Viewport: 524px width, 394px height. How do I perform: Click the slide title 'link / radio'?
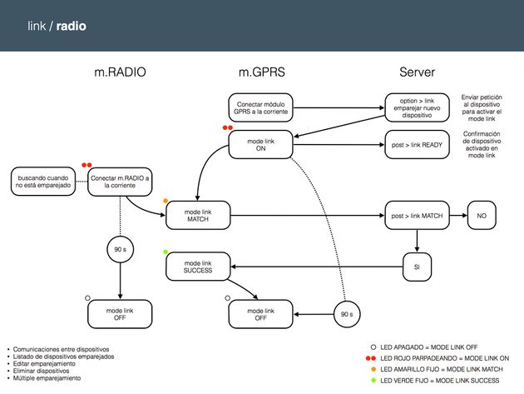[x=56, y=27]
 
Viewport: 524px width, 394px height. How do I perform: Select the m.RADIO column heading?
[x=120, y=73]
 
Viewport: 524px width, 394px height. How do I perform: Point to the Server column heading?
[x=417, y=73]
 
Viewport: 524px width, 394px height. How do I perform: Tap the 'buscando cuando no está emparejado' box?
[x=40, y=182]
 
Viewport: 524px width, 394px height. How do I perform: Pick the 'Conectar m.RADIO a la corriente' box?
[x=120, y=182]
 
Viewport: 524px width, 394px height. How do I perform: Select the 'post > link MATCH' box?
[x=417, y=216]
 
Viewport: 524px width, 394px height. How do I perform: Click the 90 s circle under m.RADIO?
[x=120, y=249]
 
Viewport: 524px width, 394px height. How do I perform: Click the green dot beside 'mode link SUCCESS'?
[x=166, y=252]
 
